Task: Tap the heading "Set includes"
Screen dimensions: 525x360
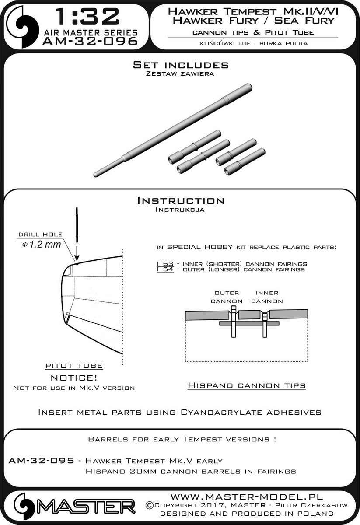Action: pos(180,65)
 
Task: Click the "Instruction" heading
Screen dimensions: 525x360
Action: pos(180,201)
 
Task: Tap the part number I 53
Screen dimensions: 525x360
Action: pos(153,264)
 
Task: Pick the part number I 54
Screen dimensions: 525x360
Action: pos(153,269)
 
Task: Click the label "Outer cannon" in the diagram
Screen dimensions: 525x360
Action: pos(226,297)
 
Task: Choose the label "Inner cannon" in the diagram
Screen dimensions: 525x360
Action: pos(267,297)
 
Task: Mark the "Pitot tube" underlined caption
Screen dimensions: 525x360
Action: pos(74,366)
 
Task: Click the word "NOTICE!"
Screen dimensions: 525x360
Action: pos(74,377)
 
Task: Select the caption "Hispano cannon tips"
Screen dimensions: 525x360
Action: pos(246,385)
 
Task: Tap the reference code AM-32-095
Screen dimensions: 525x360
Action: pos(41,461)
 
